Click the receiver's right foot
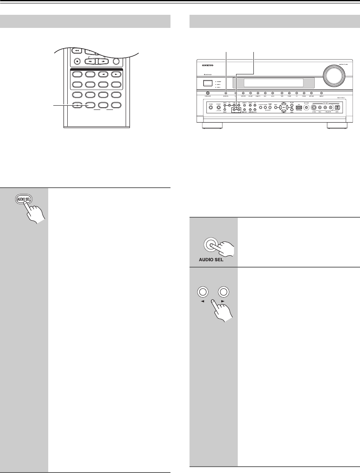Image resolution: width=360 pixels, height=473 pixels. point(337,126)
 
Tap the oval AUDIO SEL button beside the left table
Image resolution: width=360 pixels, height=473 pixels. point(25,200)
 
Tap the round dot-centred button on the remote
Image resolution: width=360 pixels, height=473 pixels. point(77,60)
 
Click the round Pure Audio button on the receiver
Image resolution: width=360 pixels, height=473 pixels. point(208,93)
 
